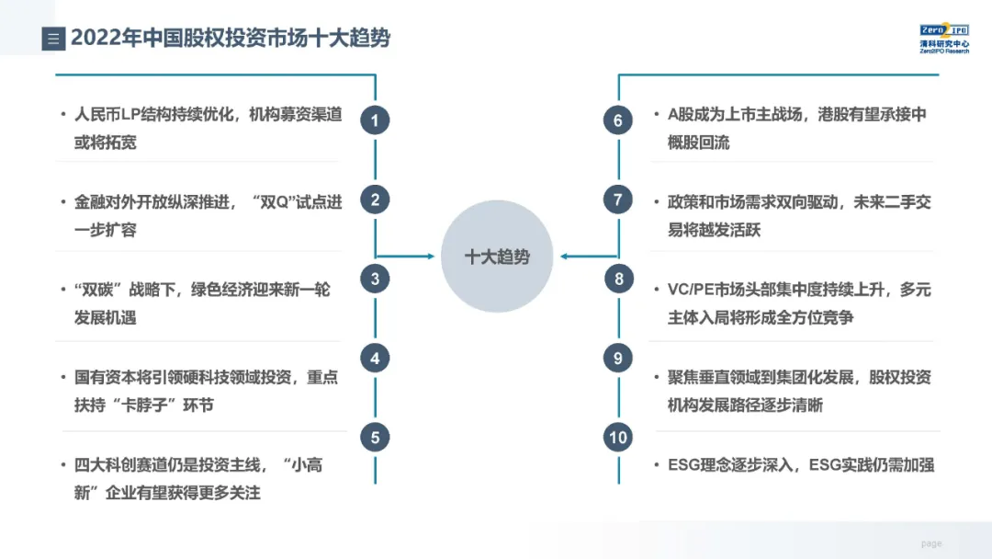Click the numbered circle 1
[375, 120]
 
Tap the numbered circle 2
[375, 200]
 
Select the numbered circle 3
[375, 279]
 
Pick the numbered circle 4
[375, 359]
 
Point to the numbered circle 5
[375, 438]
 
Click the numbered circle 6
[618, 120]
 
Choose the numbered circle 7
[618, 200]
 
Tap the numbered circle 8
[618, 279]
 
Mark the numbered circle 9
[618, 359]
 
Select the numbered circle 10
[618, 438]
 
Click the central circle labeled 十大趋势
[497, 257]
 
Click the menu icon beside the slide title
[52, 39]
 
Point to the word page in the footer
[931, 543]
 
